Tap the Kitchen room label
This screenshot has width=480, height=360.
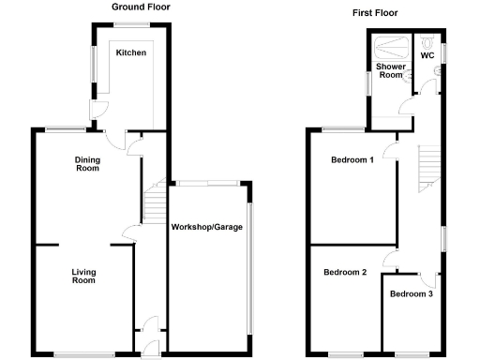131,53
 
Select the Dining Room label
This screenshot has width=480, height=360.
87,164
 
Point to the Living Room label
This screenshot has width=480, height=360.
84,277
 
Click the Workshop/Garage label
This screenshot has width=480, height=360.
208,227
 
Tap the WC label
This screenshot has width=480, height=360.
427,56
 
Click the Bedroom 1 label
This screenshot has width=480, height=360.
352,159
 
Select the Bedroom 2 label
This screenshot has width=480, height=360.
345,273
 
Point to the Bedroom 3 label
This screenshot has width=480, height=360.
411,294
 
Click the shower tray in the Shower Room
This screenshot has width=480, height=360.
392,46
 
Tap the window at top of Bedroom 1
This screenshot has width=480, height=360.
344,127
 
